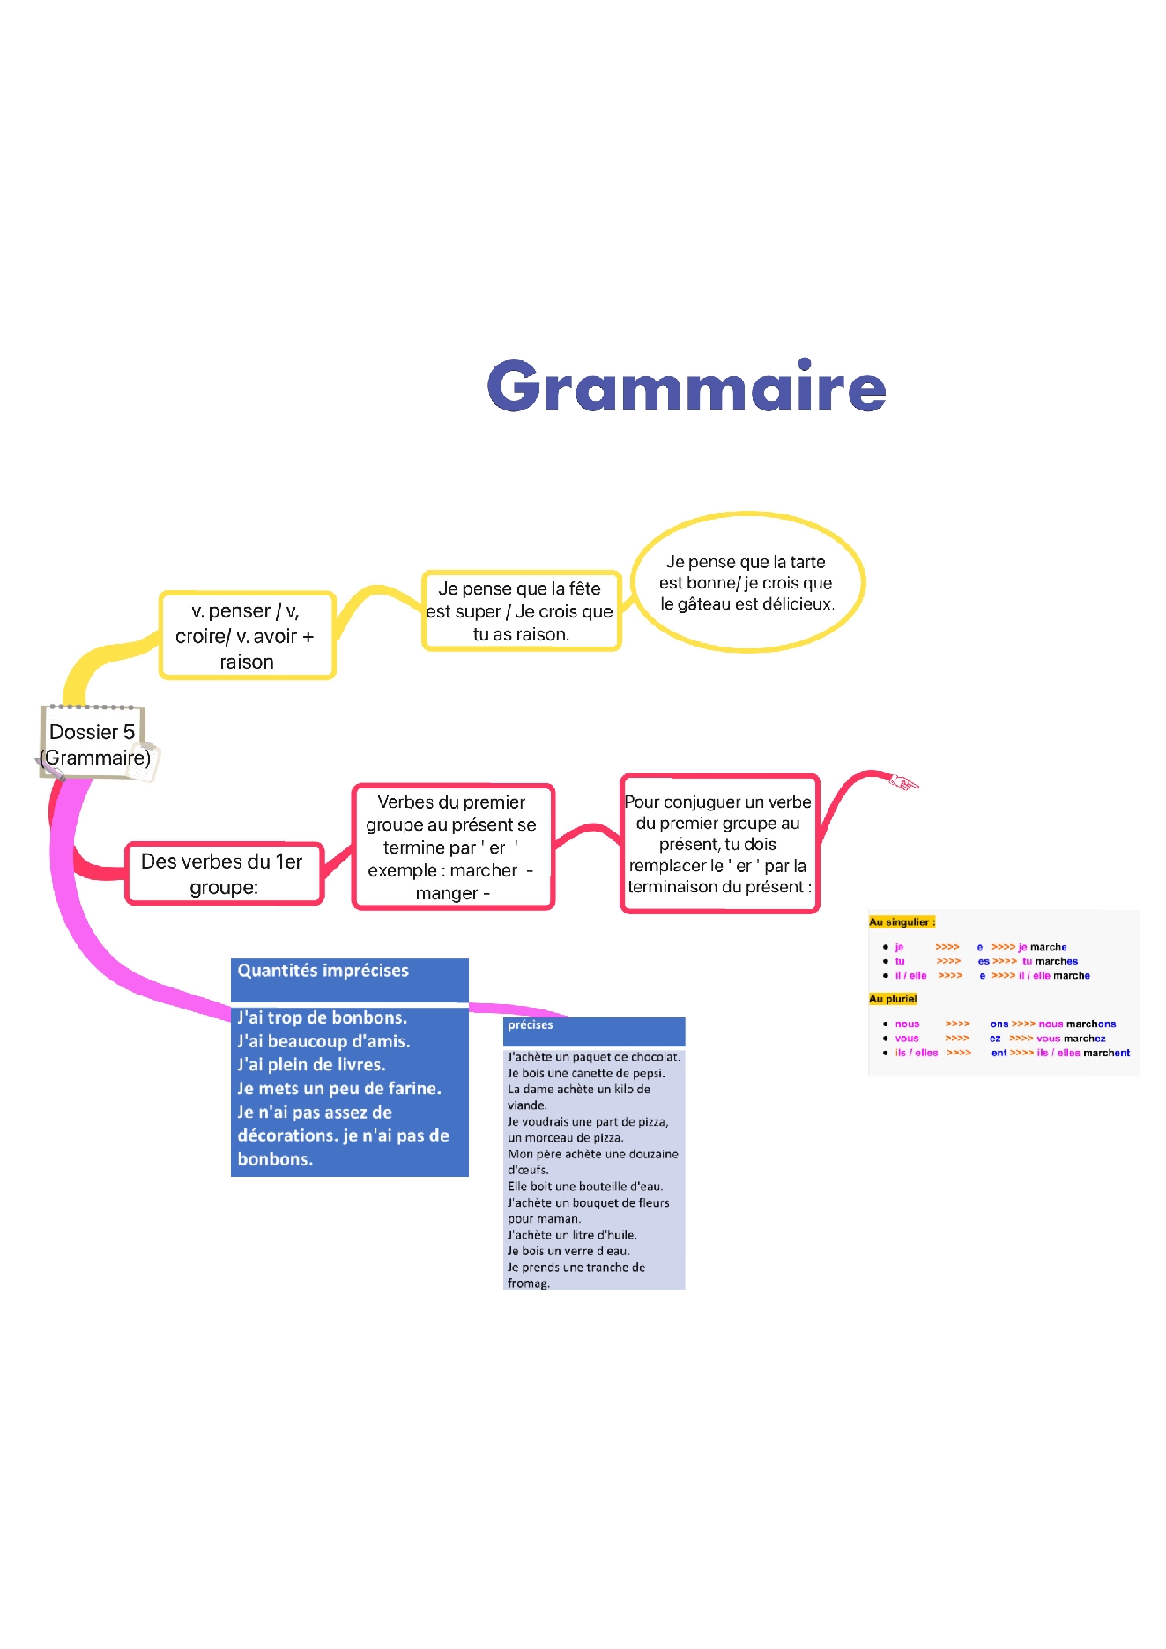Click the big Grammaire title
pos(686,387)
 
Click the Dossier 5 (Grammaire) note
pos(94,744)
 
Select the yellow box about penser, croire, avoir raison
pos(247,635)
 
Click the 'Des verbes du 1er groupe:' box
pos(224,874)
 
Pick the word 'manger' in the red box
pos(446,893)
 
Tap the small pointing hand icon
pos(903,781)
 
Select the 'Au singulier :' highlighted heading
pos(902,922)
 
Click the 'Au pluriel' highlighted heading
pos(893,999)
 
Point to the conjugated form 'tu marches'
pos(1050,962)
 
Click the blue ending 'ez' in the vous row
pos(995,1039)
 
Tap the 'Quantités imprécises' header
pos(323,971)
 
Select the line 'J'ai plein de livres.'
pos(311,1065)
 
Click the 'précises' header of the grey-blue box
pos(531,1025)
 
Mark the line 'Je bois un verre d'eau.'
pos(568,1251)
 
